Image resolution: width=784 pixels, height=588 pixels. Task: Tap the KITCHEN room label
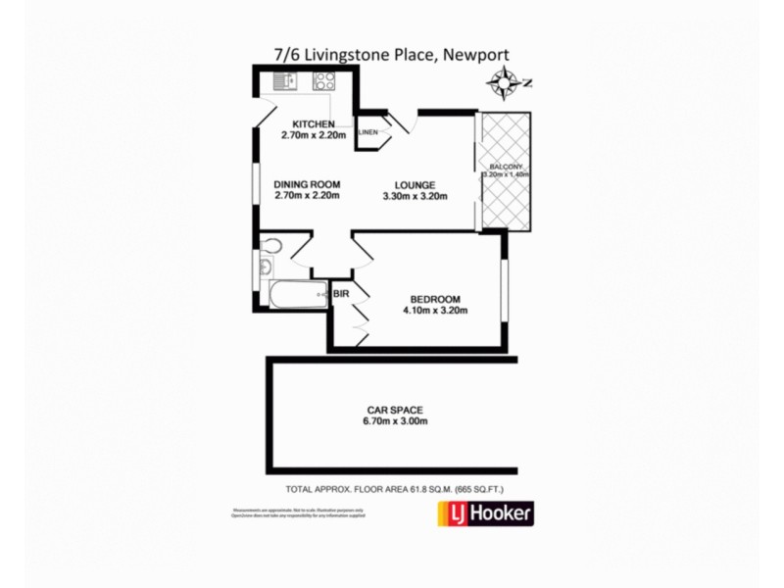315,123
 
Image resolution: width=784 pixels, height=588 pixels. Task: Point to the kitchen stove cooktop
321,82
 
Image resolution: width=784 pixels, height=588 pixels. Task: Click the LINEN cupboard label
368,131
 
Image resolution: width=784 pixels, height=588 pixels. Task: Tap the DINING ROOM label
307,184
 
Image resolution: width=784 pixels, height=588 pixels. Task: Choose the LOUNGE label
415,184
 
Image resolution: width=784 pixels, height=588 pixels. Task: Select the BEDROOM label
434,299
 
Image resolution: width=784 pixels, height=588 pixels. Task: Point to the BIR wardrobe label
342,293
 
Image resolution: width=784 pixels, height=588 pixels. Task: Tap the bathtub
294,293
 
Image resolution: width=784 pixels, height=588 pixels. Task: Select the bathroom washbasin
265,267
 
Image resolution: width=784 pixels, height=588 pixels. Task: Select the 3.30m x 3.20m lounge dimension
415,196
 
